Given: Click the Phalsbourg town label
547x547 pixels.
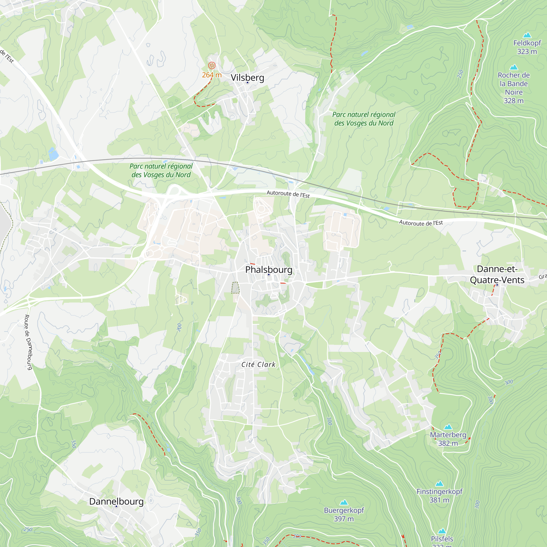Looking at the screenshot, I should click(x=268, y=270).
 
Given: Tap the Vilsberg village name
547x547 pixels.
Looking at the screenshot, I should click(x=247, y=78).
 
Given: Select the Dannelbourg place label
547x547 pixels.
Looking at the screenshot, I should click(x=116, y=501).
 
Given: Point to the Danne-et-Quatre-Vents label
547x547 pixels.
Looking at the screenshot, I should click(x=497, y=274).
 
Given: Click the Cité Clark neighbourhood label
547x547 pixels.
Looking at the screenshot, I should click(x=258, y=365).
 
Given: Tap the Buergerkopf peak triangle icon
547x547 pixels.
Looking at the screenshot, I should click(x=344, y=502).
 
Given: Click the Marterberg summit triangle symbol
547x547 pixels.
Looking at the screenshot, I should click(x=448, y=427).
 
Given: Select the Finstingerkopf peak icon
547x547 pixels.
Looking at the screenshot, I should click(x=439, y=484).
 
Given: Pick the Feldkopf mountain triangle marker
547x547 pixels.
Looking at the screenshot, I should click(x=527, y=35).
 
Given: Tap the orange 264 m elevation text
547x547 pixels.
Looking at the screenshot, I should click(x=211, y=75).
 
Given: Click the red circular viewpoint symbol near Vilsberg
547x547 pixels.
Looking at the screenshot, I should click(x=212, y=65).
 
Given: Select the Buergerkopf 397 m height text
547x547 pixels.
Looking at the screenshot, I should click(x=344, y=519).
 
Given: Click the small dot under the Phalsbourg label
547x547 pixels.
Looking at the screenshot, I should click(x=269, y=275).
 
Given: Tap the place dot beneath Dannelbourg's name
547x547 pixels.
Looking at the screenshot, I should click(x=116, y=506).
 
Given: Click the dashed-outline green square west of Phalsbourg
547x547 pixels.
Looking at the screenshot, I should click(x=235, y=288).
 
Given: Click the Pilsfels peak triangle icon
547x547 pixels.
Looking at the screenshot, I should click(x=442, y=531).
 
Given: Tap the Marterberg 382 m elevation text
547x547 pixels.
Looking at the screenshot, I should click(x=448, y=443).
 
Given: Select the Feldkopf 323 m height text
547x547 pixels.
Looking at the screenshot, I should click(x=527, y=51).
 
